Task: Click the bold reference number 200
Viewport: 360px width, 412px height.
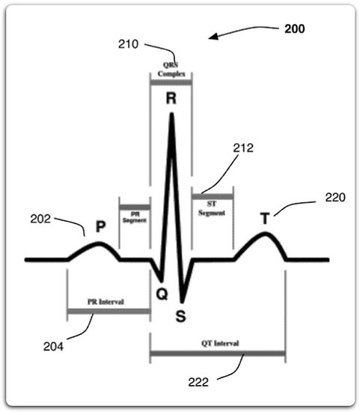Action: click(295, 29)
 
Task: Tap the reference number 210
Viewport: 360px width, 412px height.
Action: click(128, 44)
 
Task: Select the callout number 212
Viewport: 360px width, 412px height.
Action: click(243, 148)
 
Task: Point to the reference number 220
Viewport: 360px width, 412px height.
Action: click(335, 198)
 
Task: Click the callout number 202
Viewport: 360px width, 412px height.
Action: click(40, 219)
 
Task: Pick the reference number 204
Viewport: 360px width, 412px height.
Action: click(53, 347)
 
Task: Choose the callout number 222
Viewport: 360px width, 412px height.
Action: click(198, 382)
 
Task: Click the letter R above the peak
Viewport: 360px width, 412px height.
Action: click(171, 99)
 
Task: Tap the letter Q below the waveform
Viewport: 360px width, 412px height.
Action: click(162, 294)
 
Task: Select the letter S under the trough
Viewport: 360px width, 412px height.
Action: click(180, 316)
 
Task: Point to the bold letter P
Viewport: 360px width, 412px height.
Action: click(100, 226)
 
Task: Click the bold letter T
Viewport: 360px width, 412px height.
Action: click(265, 218)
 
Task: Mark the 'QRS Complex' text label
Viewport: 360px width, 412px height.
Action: click(171, 70)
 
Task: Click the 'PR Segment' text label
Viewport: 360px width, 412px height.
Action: click(135, 217)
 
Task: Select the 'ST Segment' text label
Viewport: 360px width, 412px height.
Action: click(212, 208)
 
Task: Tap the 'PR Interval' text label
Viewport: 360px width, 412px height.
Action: click(106, 302)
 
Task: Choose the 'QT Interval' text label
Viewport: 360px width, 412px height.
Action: click(220, 343)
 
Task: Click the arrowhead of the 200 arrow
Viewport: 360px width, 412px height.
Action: click(210, 38)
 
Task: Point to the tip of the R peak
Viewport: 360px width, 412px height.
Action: click(171, 114)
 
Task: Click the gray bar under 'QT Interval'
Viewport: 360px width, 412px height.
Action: click(218, 354)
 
